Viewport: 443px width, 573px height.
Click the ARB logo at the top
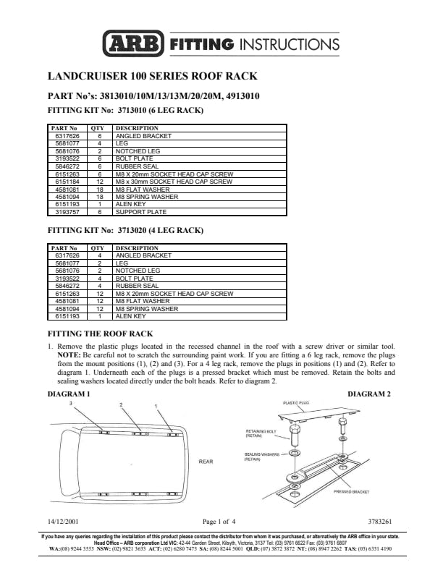(x=133, y=43)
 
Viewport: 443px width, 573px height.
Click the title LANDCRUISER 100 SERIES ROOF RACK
(x=152, y=75)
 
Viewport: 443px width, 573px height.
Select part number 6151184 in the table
(x=67, y=182)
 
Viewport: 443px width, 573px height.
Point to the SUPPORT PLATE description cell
(x=141, y=212)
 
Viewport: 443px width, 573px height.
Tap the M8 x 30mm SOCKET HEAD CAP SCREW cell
(x=174, y=182)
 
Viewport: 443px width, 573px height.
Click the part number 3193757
(x=67, y=212)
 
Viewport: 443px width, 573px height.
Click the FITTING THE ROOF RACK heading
(x=100, y=334)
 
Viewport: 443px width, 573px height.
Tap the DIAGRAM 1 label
(x=69, y=394)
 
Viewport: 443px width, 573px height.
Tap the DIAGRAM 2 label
(x=369, y=394)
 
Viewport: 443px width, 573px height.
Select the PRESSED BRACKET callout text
(x=351, y=491)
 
